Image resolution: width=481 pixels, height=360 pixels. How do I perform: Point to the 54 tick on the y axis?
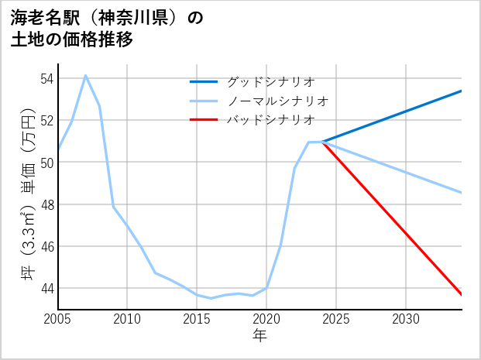[46, 79]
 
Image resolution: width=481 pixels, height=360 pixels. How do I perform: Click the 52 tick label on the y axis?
[46, 121]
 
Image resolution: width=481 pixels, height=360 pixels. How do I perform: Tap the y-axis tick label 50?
[46, 163]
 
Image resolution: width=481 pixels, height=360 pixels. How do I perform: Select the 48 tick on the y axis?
[46, 204]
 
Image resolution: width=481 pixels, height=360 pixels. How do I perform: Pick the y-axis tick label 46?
[46, 246]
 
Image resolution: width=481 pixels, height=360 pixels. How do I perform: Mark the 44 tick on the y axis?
[46, 288]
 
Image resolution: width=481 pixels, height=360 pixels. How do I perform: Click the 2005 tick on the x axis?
[58, 319]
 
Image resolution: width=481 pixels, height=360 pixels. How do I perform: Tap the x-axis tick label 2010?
[127, 319]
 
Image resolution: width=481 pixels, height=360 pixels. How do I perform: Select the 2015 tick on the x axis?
[197, 319]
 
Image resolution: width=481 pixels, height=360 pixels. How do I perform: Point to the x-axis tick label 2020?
[266, 319]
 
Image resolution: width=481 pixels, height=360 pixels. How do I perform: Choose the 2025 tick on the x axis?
[336, 319]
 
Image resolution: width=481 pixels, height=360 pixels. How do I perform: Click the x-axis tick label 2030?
[406, 319]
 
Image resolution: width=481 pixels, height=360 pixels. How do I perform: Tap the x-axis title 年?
[259, 336]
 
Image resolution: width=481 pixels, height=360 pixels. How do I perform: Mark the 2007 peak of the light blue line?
[85, 75]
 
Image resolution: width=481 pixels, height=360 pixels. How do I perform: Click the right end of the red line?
[461, 294]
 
